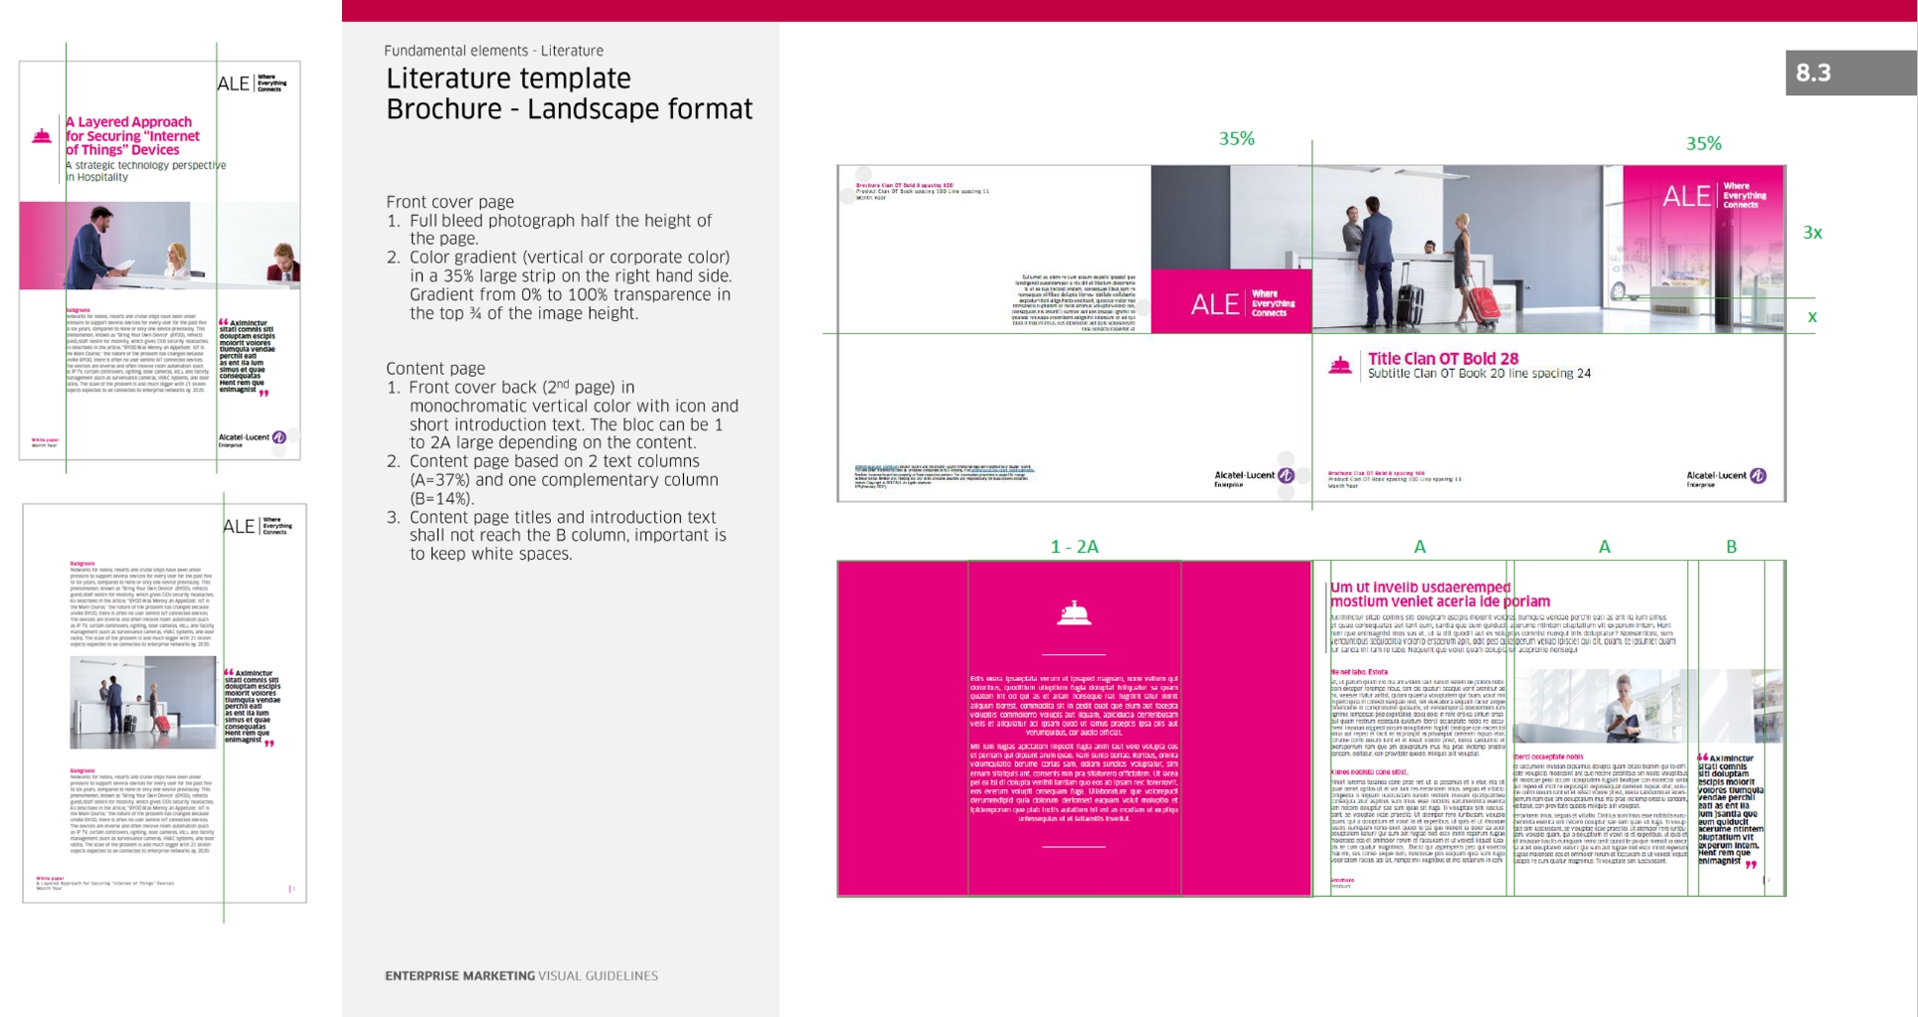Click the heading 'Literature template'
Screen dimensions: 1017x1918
[508, 79]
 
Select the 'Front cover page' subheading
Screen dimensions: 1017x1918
[449, 202]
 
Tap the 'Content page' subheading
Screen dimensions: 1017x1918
[435, 369]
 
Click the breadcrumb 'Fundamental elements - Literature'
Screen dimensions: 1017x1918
[493, 51]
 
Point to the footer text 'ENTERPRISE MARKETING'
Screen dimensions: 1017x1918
[459, 976]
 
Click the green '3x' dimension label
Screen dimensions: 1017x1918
[1812, 233]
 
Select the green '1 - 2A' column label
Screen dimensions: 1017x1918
[1074, 547]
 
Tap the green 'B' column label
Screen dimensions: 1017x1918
[1731, 547]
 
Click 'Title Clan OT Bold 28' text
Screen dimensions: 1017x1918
[1443, 359]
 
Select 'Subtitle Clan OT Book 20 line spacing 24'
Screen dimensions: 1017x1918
[1479, 374]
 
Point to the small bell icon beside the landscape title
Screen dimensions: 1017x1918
[1339, 366]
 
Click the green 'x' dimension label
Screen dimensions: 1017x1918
[1812, 317]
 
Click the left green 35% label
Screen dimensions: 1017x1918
[1236, 139]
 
